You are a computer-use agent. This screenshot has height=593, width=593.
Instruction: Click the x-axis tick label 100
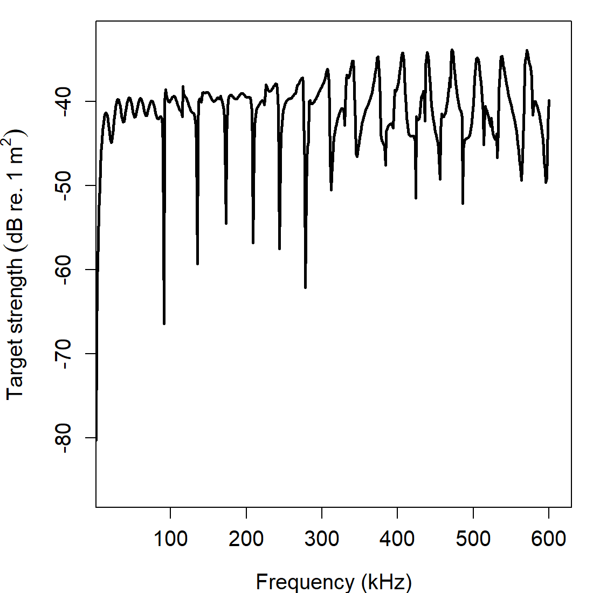click(x=170, y=538)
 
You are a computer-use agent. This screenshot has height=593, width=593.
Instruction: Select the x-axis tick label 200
click(x=246, y=538)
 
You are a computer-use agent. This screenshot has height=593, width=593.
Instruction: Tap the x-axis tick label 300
click(x=322, y=538)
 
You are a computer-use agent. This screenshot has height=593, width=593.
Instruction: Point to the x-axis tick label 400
click(x=397, y=538)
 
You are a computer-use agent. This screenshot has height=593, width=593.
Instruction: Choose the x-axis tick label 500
click(x=473, y=538)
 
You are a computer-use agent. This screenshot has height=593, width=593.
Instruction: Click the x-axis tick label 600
click(x=549, y=538)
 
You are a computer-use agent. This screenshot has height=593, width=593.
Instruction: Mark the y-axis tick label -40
click(x=64, y=101)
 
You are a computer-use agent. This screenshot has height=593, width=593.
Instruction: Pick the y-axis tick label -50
click(x=64, y=185)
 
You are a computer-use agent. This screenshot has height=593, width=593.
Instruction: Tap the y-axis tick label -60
click(x=64, y=270)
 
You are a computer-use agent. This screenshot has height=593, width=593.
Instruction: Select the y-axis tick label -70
click(x=64, y=354)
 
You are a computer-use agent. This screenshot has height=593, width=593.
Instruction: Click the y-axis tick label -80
click(x=64, y=438)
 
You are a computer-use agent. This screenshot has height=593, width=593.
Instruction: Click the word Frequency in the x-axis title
click(x=305, y=582)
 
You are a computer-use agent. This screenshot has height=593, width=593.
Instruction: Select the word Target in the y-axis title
click(x=16, y=372)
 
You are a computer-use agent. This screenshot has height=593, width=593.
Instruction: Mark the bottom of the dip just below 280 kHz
click(x=305, y=287)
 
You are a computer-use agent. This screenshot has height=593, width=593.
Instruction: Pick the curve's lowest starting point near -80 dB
click(x=96, y=440)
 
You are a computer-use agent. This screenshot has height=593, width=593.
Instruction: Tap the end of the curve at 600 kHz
click(x=549, y=100)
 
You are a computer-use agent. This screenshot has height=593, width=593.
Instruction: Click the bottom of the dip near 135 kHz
click(x=197, y=264)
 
